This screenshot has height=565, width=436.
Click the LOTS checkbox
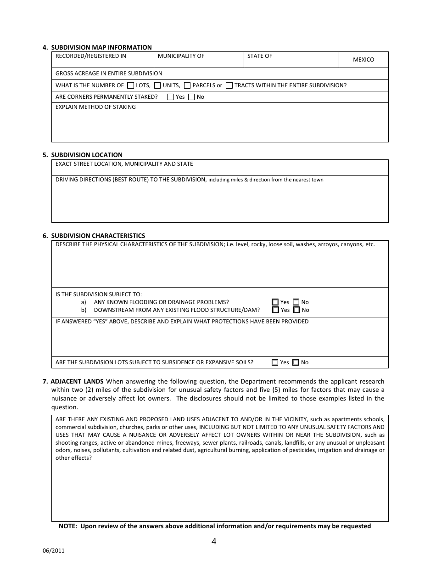coord(131,85)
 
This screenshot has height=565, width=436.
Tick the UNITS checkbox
coord(157,85)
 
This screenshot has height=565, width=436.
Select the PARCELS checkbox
coord(187,85)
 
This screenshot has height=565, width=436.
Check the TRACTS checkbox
coord(229,85)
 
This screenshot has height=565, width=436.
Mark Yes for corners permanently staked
coord(171,97)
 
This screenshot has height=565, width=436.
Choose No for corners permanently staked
coord(191,97)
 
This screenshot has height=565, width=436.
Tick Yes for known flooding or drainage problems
coord(275,302)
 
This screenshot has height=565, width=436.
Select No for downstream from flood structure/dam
coord(296,310)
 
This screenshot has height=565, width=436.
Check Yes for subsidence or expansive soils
coord(275,362)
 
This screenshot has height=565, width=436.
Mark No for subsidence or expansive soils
coord(296,362)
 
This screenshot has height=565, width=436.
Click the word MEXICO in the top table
coord(363,60)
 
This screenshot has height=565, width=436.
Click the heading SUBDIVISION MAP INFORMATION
coord(101,47)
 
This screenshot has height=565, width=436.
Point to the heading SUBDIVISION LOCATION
coord(87,155)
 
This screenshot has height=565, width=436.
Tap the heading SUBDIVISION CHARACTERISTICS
coord(98,236)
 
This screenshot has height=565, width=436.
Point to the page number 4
coord(214,541)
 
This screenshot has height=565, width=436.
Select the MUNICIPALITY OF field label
coord(181,56)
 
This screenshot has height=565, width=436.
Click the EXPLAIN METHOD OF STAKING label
coord(95,107)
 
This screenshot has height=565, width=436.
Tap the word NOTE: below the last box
coord(68,526)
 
